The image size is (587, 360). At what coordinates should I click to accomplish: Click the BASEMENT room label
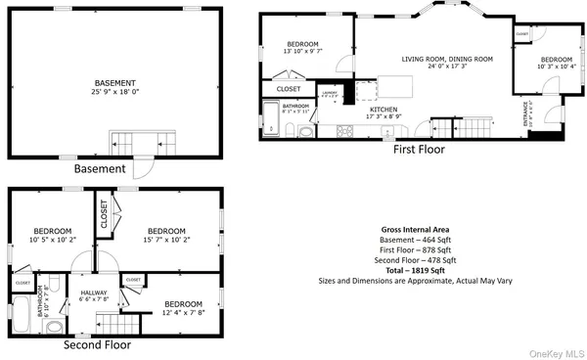115,82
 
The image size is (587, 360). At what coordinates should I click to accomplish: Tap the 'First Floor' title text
419,150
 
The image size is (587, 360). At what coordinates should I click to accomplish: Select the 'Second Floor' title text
96,344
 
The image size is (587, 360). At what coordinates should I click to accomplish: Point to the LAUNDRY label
330,95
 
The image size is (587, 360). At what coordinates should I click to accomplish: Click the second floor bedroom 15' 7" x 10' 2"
166,225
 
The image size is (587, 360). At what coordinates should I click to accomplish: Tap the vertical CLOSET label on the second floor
103,213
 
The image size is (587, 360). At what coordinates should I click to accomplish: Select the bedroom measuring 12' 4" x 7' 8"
183,309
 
